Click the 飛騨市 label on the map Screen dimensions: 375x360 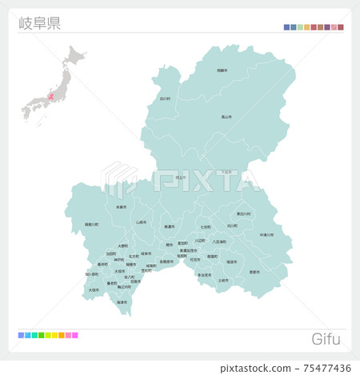click(222, 71)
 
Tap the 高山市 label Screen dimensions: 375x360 click(226, 117)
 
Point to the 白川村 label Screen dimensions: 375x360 click(165, 98)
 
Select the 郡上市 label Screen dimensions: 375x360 click(180, 178)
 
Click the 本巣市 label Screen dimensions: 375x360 click(121, 207)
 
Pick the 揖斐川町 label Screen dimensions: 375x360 click(92, 225)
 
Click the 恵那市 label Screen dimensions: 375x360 click(254, 272)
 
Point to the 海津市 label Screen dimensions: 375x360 click(122, 302)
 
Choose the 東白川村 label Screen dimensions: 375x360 click(243, 214)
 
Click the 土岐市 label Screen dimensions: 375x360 click(223, 281)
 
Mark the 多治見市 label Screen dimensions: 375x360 click(204, 275)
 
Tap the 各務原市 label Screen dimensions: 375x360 click(166, 261)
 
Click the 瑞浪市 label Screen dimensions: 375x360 click(231, 261)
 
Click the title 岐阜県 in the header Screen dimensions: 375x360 click(38, 22)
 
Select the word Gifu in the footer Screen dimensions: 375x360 click(325, 339)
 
